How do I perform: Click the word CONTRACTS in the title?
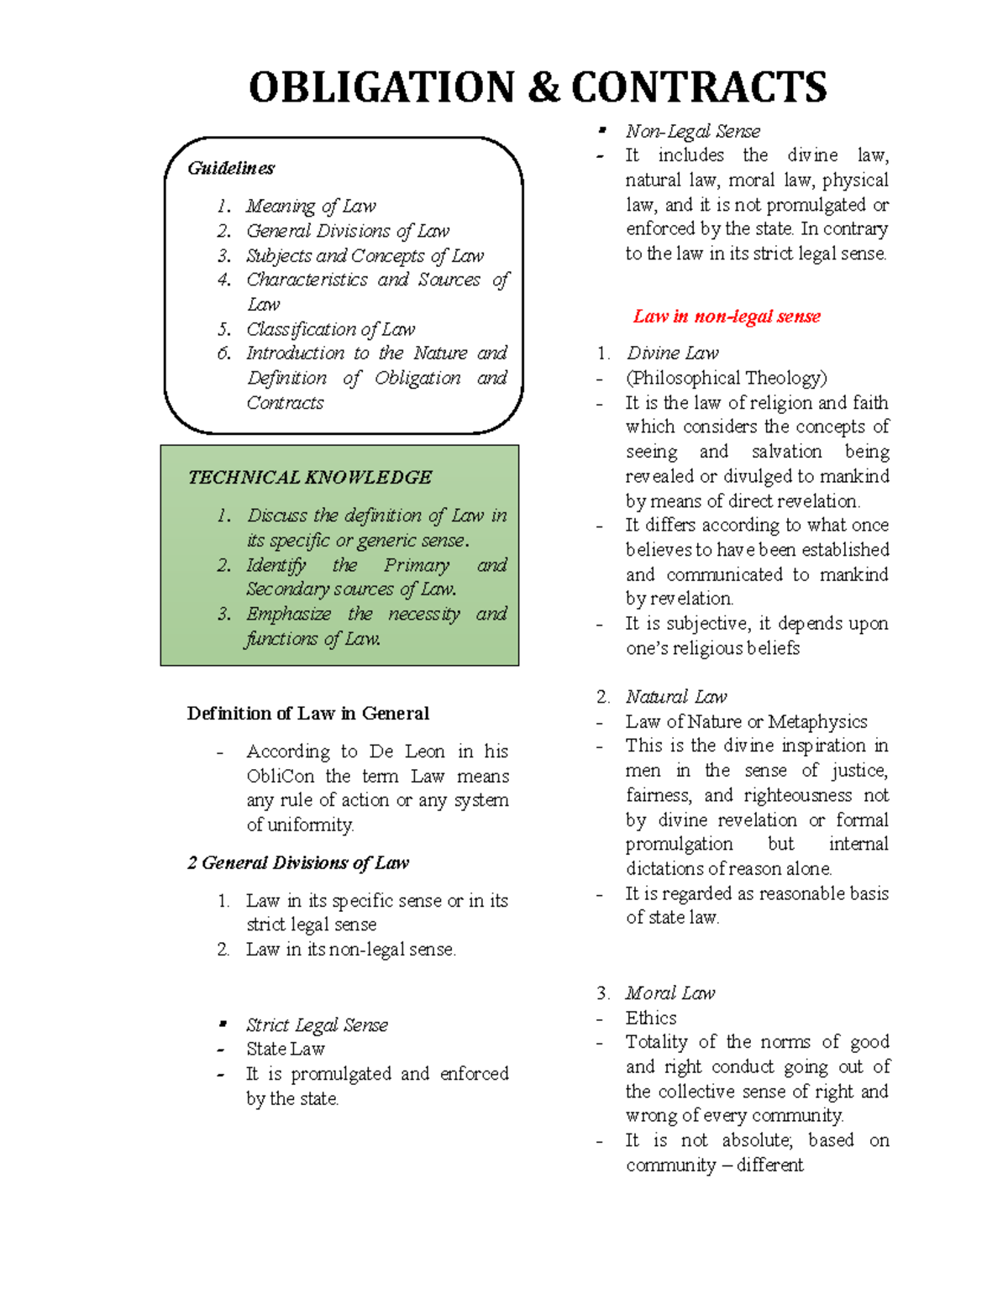pos(699,88)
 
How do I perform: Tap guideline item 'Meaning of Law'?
pos(311,207)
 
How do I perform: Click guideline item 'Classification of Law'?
pos(330,329)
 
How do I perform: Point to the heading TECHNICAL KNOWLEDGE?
pos(309,478)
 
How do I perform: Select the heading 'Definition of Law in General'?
pos(307,714)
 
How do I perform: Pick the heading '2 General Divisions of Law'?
pos(297,863)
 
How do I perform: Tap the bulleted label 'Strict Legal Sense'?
pos(317,1025)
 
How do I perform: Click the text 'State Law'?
pos(285,1050)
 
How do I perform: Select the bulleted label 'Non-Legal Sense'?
pos(692,132)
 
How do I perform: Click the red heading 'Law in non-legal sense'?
pos(727,317)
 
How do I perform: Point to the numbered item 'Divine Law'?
pos(672,353)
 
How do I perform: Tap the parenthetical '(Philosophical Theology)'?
pos(726,378)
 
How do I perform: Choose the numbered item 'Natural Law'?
pos(676,697)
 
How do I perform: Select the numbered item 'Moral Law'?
pos(669,993)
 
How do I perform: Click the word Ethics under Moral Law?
pos(650,1019)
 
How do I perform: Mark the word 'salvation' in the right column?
pos(786,452)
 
